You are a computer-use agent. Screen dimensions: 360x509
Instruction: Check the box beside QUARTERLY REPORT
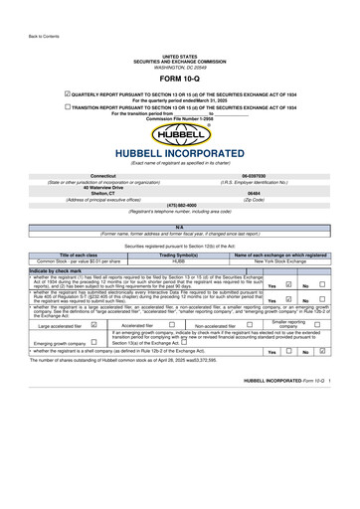[x=67, y=90]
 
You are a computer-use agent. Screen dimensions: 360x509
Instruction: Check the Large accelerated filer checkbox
[x=92, y=324]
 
